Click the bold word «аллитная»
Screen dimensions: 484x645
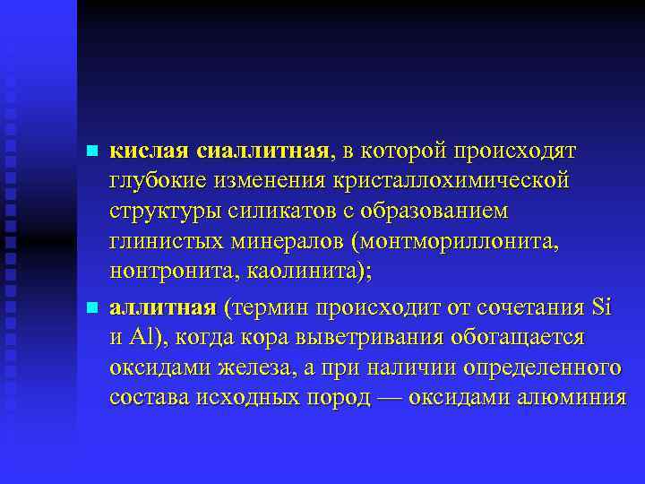[162, 307]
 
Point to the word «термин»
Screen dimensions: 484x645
[270, 307]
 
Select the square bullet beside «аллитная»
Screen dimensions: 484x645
[90, 307]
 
